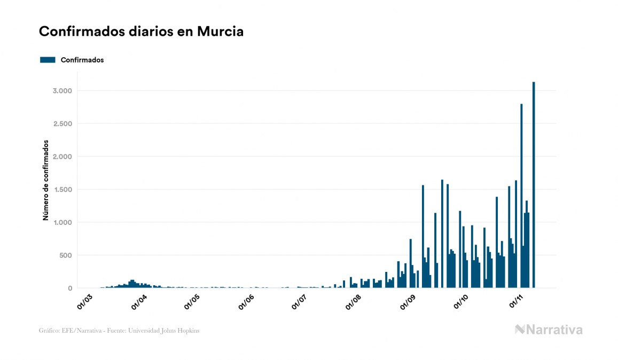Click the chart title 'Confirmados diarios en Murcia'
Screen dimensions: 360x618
[x=141, y=32]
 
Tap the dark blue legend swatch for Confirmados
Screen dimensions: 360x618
[x=48, y=60]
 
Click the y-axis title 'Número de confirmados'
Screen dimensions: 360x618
[x=46, y=181]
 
